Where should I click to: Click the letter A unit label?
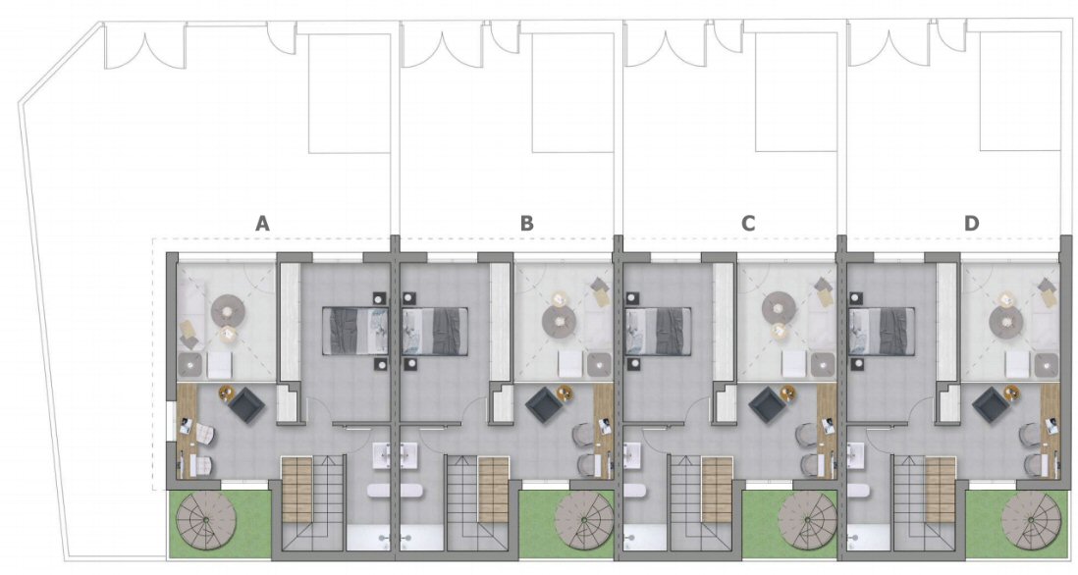[x=262, y=224]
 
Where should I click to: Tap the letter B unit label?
[x=526, y=224]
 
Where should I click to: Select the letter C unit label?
[x=748, y=224]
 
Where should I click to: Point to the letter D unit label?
[x=971, y=224]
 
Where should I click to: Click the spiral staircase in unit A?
[x=206, y=521]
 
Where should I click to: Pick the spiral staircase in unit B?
[x=584, y=521]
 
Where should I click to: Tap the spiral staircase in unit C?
[x=808, y=521]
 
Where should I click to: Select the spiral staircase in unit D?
[x=1031, y=521]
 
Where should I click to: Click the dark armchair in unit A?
[x=246, y=406]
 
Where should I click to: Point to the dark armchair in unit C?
[x=767, y=406]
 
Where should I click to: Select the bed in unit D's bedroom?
[x=882, y=331]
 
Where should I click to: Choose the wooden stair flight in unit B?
[x=494, y=490]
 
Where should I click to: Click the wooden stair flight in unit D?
[x=941, y=490]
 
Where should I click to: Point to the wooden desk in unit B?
[x=603, y=431]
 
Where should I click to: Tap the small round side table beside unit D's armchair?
[x=1010, y=392]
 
